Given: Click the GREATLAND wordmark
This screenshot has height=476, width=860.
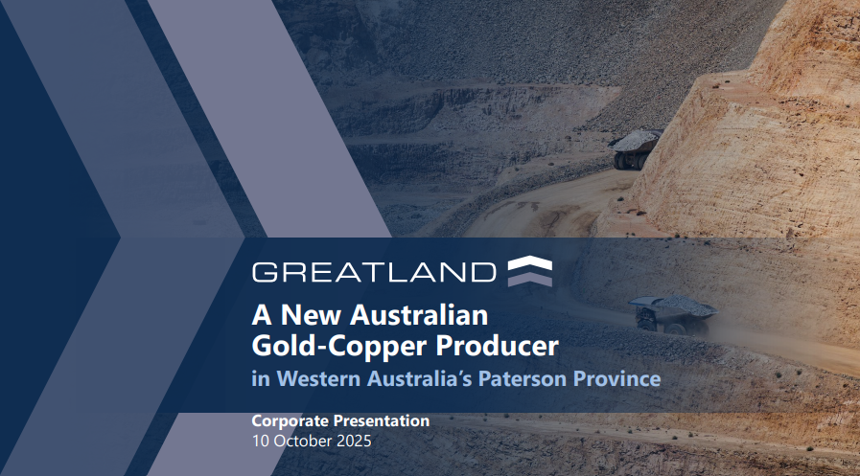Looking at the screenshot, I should pos(374,271).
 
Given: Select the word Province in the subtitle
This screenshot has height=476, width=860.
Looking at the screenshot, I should pos(618,378).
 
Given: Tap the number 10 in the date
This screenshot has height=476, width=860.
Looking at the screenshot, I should pos(260,442).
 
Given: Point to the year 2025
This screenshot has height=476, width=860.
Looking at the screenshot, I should pos(353,442).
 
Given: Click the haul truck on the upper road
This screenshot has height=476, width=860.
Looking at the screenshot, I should pos(635,149).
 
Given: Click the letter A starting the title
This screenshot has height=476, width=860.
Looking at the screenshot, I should pos(260,314).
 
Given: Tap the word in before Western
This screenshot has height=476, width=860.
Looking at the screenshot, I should pos(260,378).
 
